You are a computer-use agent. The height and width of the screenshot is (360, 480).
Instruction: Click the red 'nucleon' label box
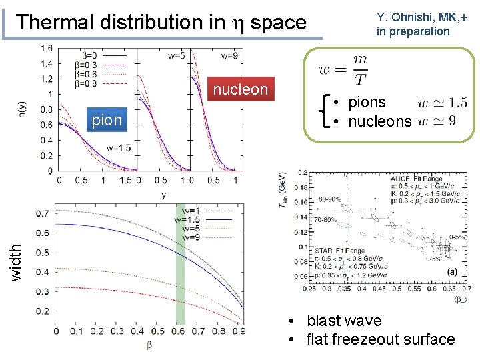pos(240,89)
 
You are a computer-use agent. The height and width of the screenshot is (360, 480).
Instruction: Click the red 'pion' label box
pos(107,120)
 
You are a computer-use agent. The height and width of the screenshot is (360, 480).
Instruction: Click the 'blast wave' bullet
pos(343,321)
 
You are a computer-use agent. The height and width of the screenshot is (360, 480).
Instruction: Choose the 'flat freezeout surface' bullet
pos(380,339)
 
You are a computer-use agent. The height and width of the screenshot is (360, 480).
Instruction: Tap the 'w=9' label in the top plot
pos(229,56)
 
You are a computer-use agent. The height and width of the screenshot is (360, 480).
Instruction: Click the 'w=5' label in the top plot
pos(177,56)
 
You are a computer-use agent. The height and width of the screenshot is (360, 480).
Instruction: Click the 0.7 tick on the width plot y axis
pos(42,213)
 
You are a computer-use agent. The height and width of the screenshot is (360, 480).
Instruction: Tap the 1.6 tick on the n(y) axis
pos(47,49)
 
